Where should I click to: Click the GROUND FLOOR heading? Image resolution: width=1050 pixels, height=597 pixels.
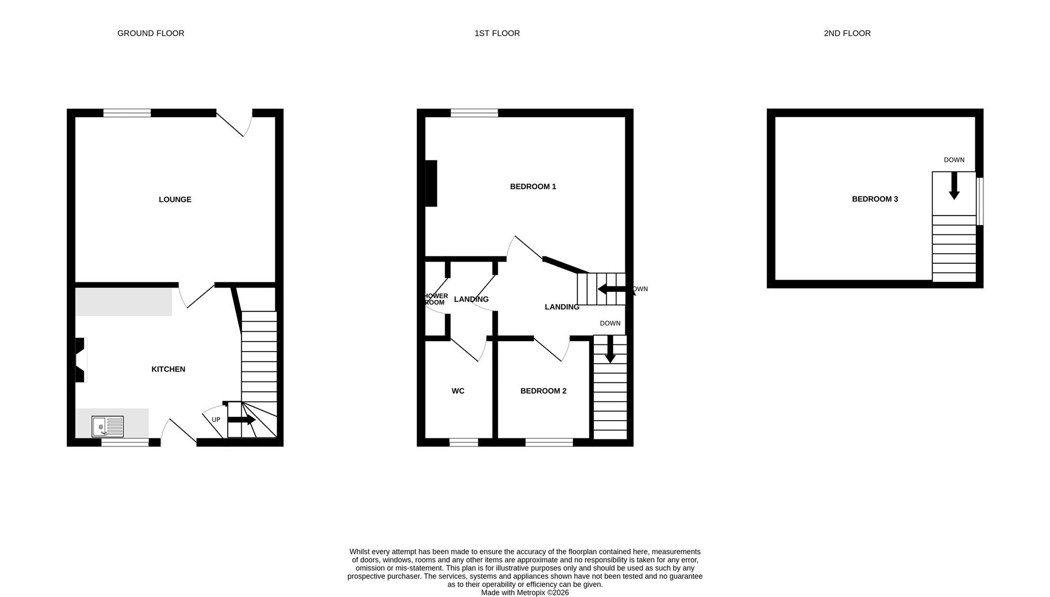coord(150,33)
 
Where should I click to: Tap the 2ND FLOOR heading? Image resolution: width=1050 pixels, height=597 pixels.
coord(847,33)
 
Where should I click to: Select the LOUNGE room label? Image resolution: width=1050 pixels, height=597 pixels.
coord(175,200)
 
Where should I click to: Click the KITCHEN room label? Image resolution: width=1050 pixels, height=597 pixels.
coord(168,369)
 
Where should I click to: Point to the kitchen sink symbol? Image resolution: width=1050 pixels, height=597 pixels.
coord(108,427)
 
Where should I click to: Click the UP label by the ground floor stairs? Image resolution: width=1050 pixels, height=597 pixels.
coord(216,420)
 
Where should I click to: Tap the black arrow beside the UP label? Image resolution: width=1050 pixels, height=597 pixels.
coord(241,420)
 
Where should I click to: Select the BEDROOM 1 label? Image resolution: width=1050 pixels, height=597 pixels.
coord(532,187)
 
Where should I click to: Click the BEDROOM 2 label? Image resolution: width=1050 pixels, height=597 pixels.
coord(543,391)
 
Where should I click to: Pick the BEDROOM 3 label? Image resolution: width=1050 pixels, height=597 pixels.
coord(875,199)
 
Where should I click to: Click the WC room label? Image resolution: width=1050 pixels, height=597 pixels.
coord(458,391)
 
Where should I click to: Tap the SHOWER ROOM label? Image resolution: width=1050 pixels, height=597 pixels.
coord(436,299)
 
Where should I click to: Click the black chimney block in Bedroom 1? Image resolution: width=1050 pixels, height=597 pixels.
coord(431,184)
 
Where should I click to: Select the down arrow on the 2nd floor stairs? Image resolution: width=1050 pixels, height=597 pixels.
coord(954,186)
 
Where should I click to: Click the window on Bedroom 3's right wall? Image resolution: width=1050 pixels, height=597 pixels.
coord(980,201)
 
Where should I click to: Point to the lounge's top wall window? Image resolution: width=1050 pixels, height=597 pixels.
coord(127,113)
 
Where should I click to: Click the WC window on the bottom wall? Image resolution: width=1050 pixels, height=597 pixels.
coord(463,442)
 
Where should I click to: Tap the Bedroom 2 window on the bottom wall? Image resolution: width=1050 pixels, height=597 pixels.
coord(548,442)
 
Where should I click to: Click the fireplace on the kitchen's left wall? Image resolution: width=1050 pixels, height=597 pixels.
coord(81,360)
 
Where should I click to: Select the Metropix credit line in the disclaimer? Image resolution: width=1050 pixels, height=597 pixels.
coord(524,593)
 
